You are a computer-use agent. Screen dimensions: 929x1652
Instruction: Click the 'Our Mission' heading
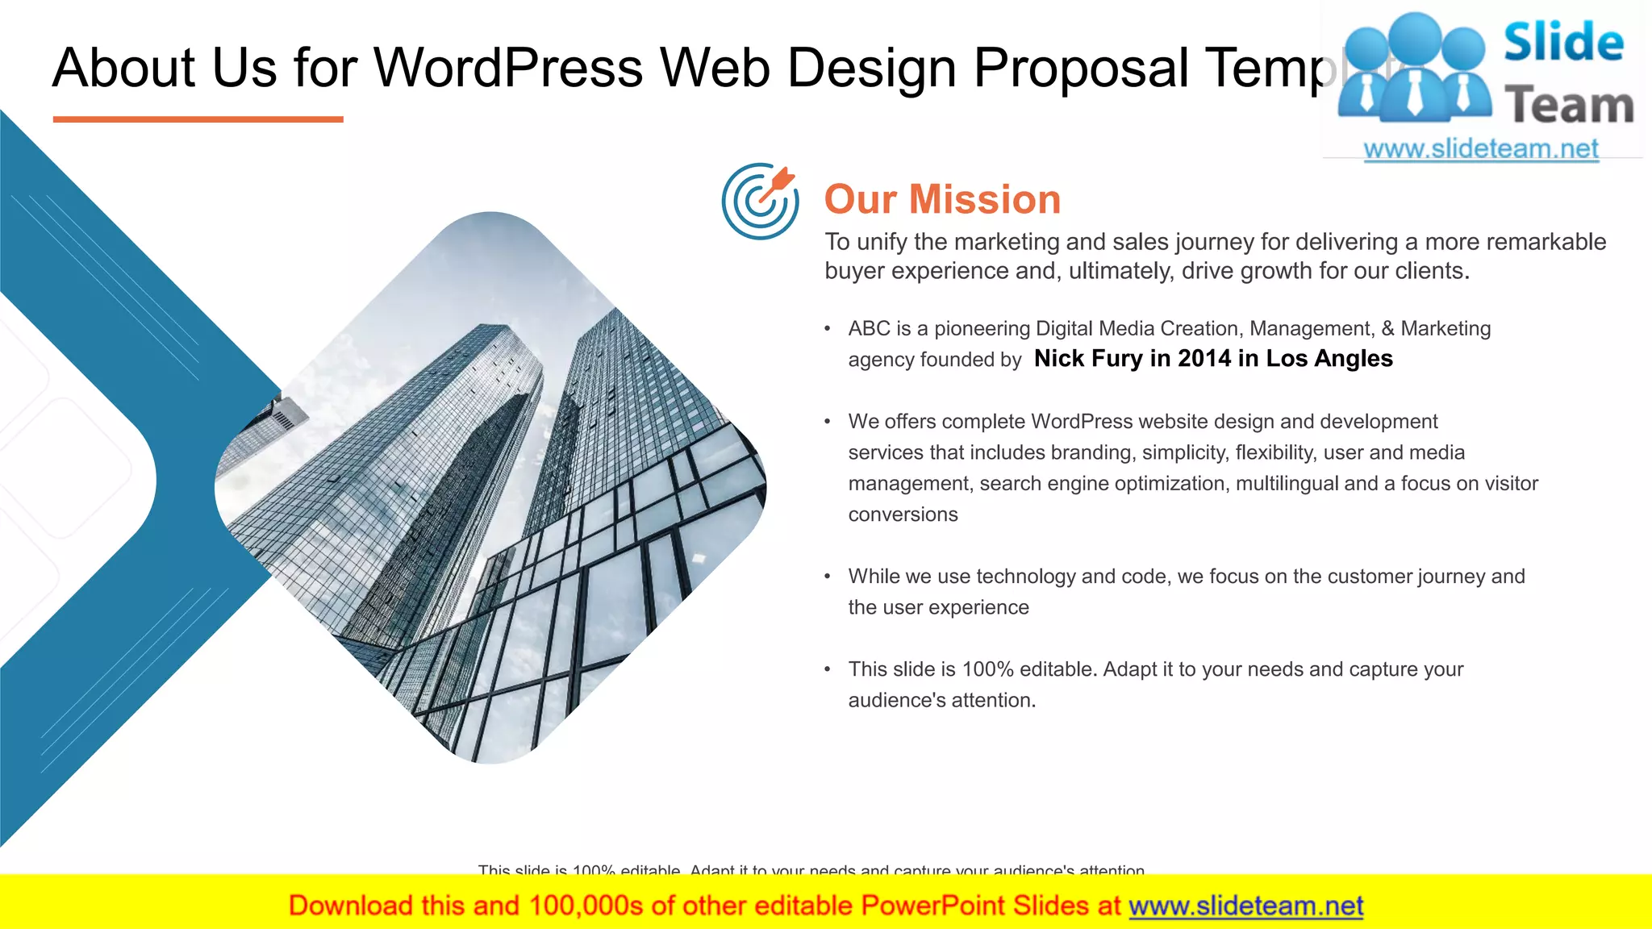(942, 199)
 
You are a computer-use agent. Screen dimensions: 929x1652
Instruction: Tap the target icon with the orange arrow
(760, 202)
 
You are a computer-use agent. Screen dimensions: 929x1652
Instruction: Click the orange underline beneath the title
(198, 119)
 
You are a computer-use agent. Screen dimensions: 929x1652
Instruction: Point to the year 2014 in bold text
(1202, 358)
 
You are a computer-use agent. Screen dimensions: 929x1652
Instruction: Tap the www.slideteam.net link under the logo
(1481, 148)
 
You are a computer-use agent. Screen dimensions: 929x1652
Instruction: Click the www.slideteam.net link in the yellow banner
(1245, 906)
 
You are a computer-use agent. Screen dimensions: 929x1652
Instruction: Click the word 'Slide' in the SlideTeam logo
(1563, 42)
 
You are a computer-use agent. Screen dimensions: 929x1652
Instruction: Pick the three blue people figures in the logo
(1414, 69)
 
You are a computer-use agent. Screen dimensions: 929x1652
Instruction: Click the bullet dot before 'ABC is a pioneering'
(828, 329)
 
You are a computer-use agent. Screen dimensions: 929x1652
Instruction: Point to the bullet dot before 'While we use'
(828, 577)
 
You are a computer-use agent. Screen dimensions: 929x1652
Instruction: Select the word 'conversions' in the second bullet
(903, 514)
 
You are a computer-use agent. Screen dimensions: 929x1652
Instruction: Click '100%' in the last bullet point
(987, 669)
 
